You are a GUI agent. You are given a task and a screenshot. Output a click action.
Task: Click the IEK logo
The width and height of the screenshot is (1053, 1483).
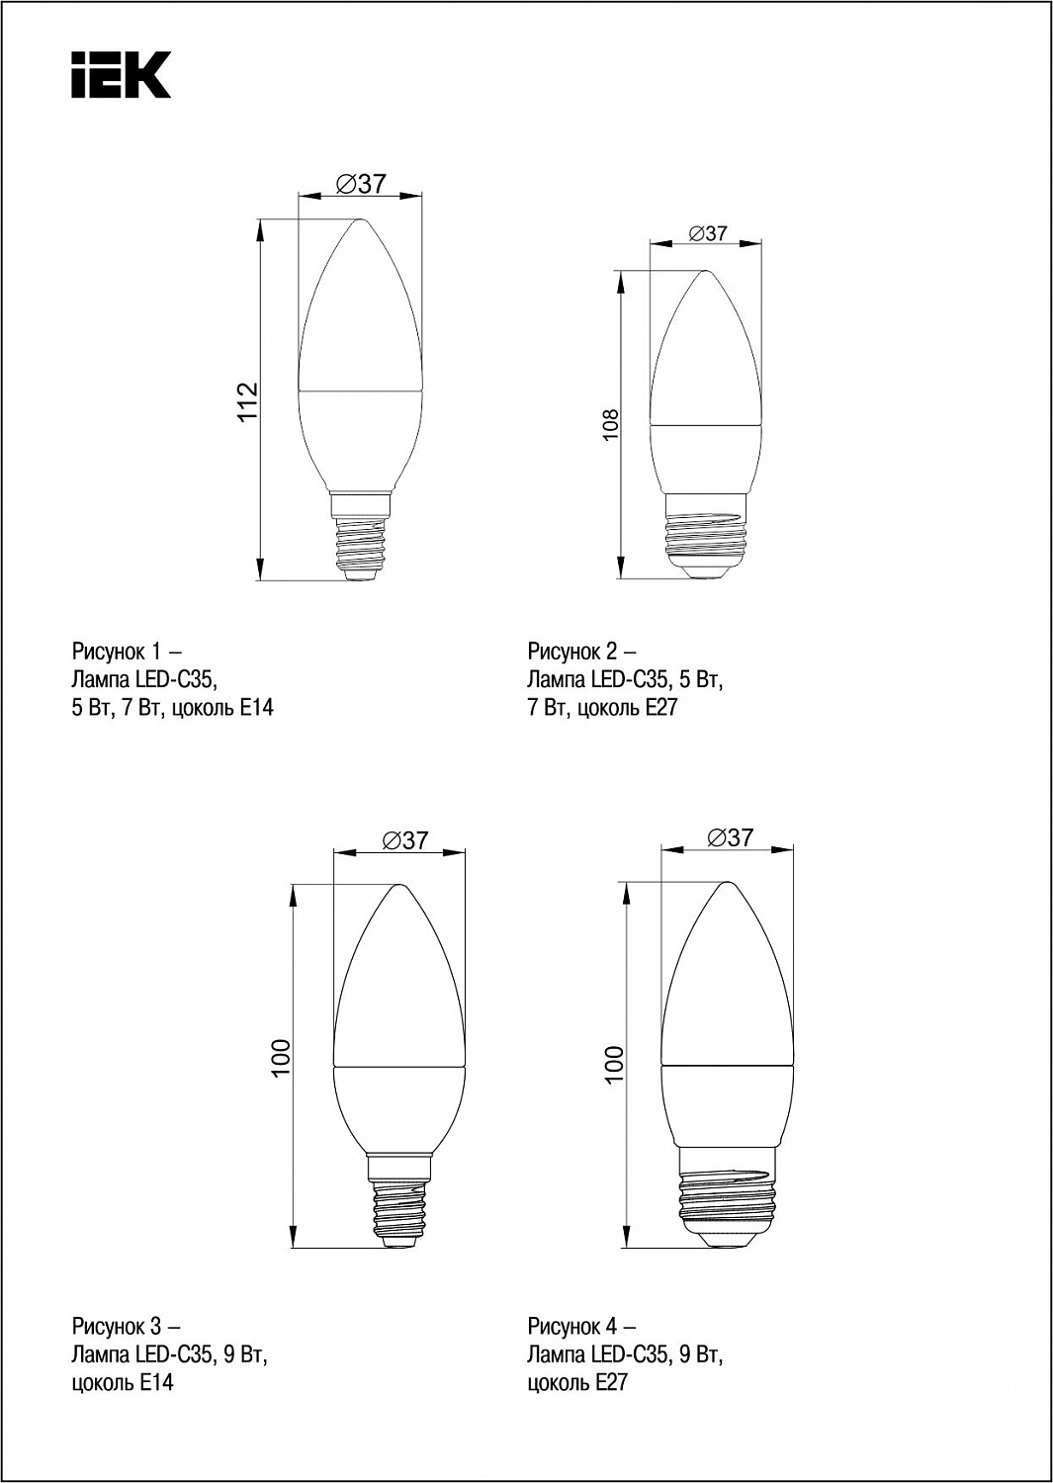[122, 75]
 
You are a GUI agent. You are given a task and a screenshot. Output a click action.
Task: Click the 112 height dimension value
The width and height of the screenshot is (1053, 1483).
[248, 401]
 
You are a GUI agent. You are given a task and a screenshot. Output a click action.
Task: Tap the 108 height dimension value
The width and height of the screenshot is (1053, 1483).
[610, 424]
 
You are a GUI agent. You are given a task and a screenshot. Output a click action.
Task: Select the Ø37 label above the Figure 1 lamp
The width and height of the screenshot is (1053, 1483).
[361, 183]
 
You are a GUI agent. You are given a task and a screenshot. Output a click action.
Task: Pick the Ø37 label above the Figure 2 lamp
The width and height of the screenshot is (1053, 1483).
[708, 233]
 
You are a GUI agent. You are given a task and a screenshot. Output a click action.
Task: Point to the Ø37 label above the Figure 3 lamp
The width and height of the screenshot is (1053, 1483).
[406, 840]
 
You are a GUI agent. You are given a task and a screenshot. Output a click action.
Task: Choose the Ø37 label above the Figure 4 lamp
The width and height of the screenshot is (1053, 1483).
[731, 837]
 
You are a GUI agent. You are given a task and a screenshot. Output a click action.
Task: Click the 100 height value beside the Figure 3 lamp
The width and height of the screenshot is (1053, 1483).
[281, 1058]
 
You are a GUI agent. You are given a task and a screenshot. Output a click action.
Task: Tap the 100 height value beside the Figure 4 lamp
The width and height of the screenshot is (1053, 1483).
[614, 1064]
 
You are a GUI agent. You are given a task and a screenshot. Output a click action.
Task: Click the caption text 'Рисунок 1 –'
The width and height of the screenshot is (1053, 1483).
[127, 653]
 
